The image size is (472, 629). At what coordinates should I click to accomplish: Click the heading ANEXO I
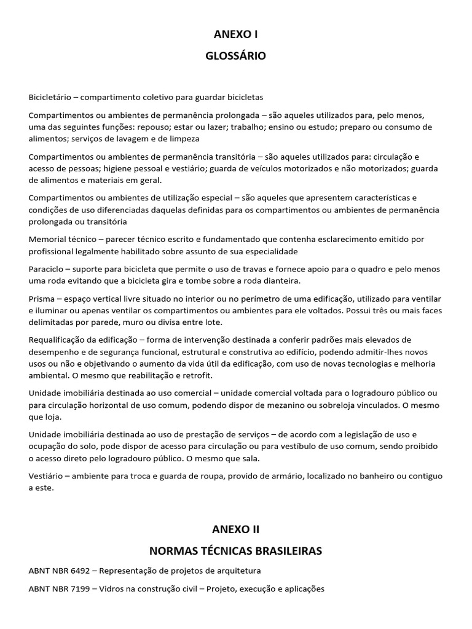coord(235,35)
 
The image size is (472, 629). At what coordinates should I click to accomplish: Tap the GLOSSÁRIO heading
coord(235,56)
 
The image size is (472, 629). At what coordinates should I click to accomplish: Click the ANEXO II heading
coord(235,529)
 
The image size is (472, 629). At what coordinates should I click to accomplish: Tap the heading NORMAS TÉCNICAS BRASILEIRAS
coord(235,550)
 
